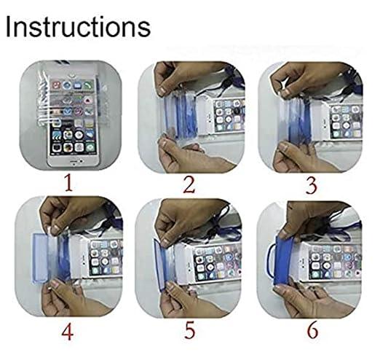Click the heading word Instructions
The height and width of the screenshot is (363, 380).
[78, 26]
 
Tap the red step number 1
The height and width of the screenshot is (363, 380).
[69, 184]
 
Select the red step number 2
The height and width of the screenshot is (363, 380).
[189, 185]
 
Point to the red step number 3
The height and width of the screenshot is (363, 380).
[312, 185]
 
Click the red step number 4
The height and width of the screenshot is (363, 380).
[68, 332]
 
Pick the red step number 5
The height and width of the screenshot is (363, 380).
[190, 330]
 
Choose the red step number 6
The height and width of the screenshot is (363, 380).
[313, 330]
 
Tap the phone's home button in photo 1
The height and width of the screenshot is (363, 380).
[73, 161]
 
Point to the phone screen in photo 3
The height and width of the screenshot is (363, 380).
[347, 121]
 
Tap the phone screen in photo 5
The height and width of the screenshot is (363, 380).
[218, 262]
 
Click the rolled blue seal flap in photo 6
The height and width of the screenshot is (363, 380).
[284, 262]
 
